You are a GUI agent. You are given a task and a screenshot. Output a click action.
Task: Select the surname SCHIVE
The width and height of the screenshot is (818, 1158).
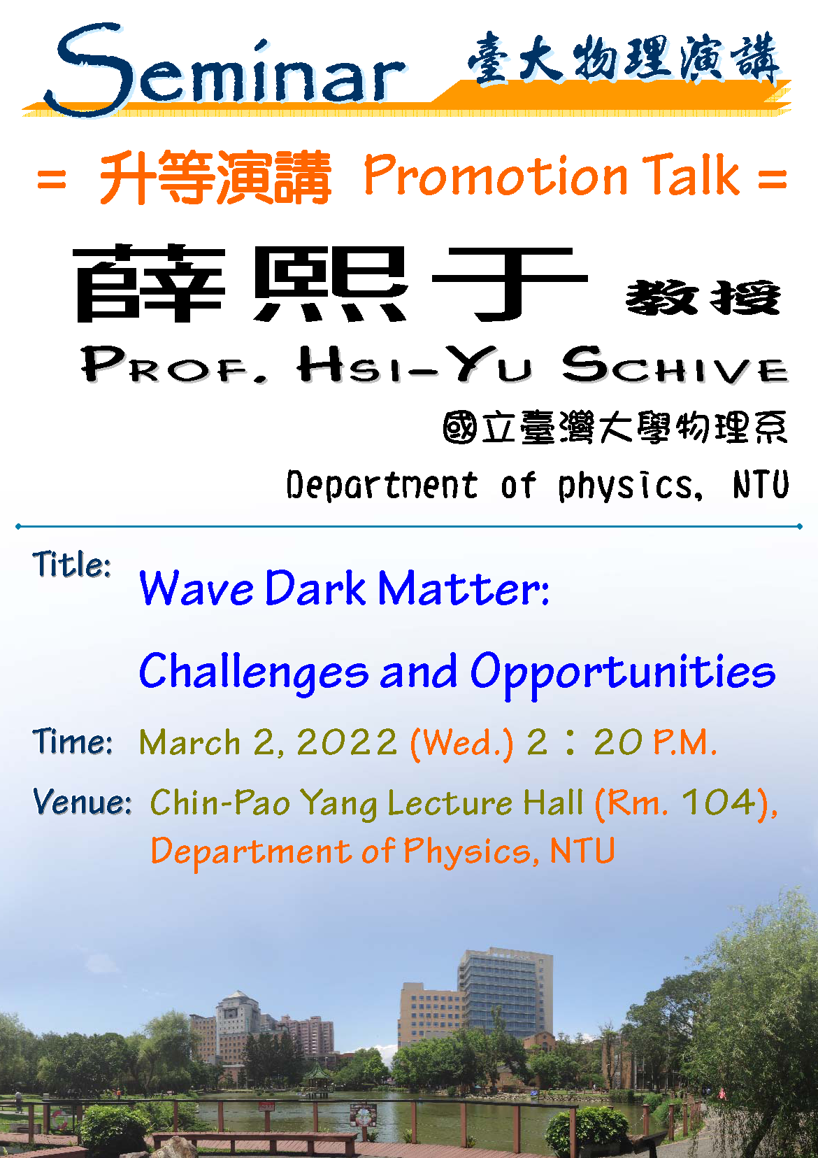[675, 365]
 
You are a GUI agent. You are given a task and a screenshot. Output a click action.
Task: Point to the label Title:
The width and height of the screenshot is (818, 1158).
[72, 564]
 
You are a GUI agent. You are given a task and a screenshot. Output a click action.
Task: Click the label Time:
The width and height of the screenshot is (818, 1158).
[72, 741]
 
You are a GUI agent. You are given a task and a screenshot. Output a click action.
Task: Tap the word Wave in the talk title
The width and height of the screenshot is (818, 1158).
[196, 588]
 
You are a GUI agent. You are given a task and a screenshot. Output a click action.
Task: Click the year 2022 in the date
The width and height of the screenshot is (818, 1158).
[347, 742]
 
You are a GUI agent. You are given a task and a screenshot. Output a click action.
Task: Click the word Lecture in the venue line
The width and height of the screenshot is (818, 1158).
[450, 803]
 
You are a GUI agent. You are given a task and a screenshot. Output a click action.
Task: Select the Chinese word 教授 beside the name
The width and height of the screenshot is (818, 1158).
[703, 297]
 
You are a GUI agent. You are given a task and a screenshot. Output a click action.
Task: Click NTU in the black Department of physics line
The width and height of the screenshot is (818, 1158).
[761, 484]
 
